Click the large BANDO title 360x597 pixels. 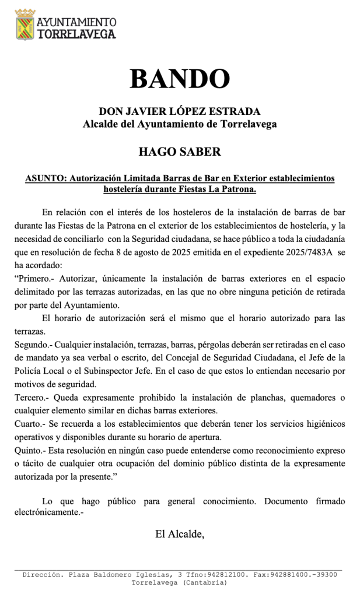[x=180, y=79]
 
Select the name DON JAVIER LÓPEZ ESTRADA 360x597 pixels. [x=179, y=111]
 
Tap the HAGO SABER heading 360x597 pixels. [x=179, y=152]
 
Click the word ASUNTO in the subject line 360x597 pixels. [x=45, y=178]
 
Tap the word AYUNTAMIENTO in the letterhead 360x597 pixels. [x=76, y=22]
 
